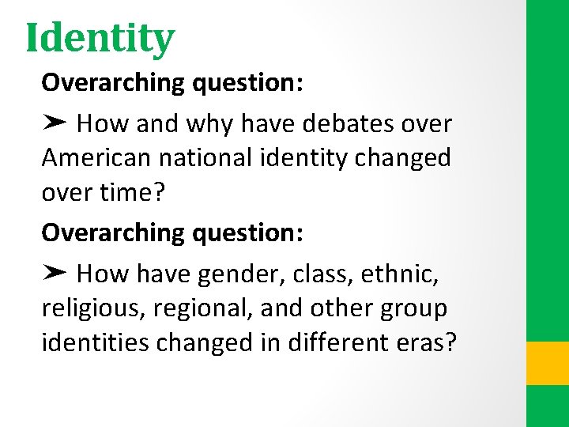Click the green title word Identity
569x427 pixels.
[100, 38]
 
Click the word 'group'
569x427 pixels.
[412, 308]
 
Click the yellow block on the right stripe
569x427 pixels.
[547, 363]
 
